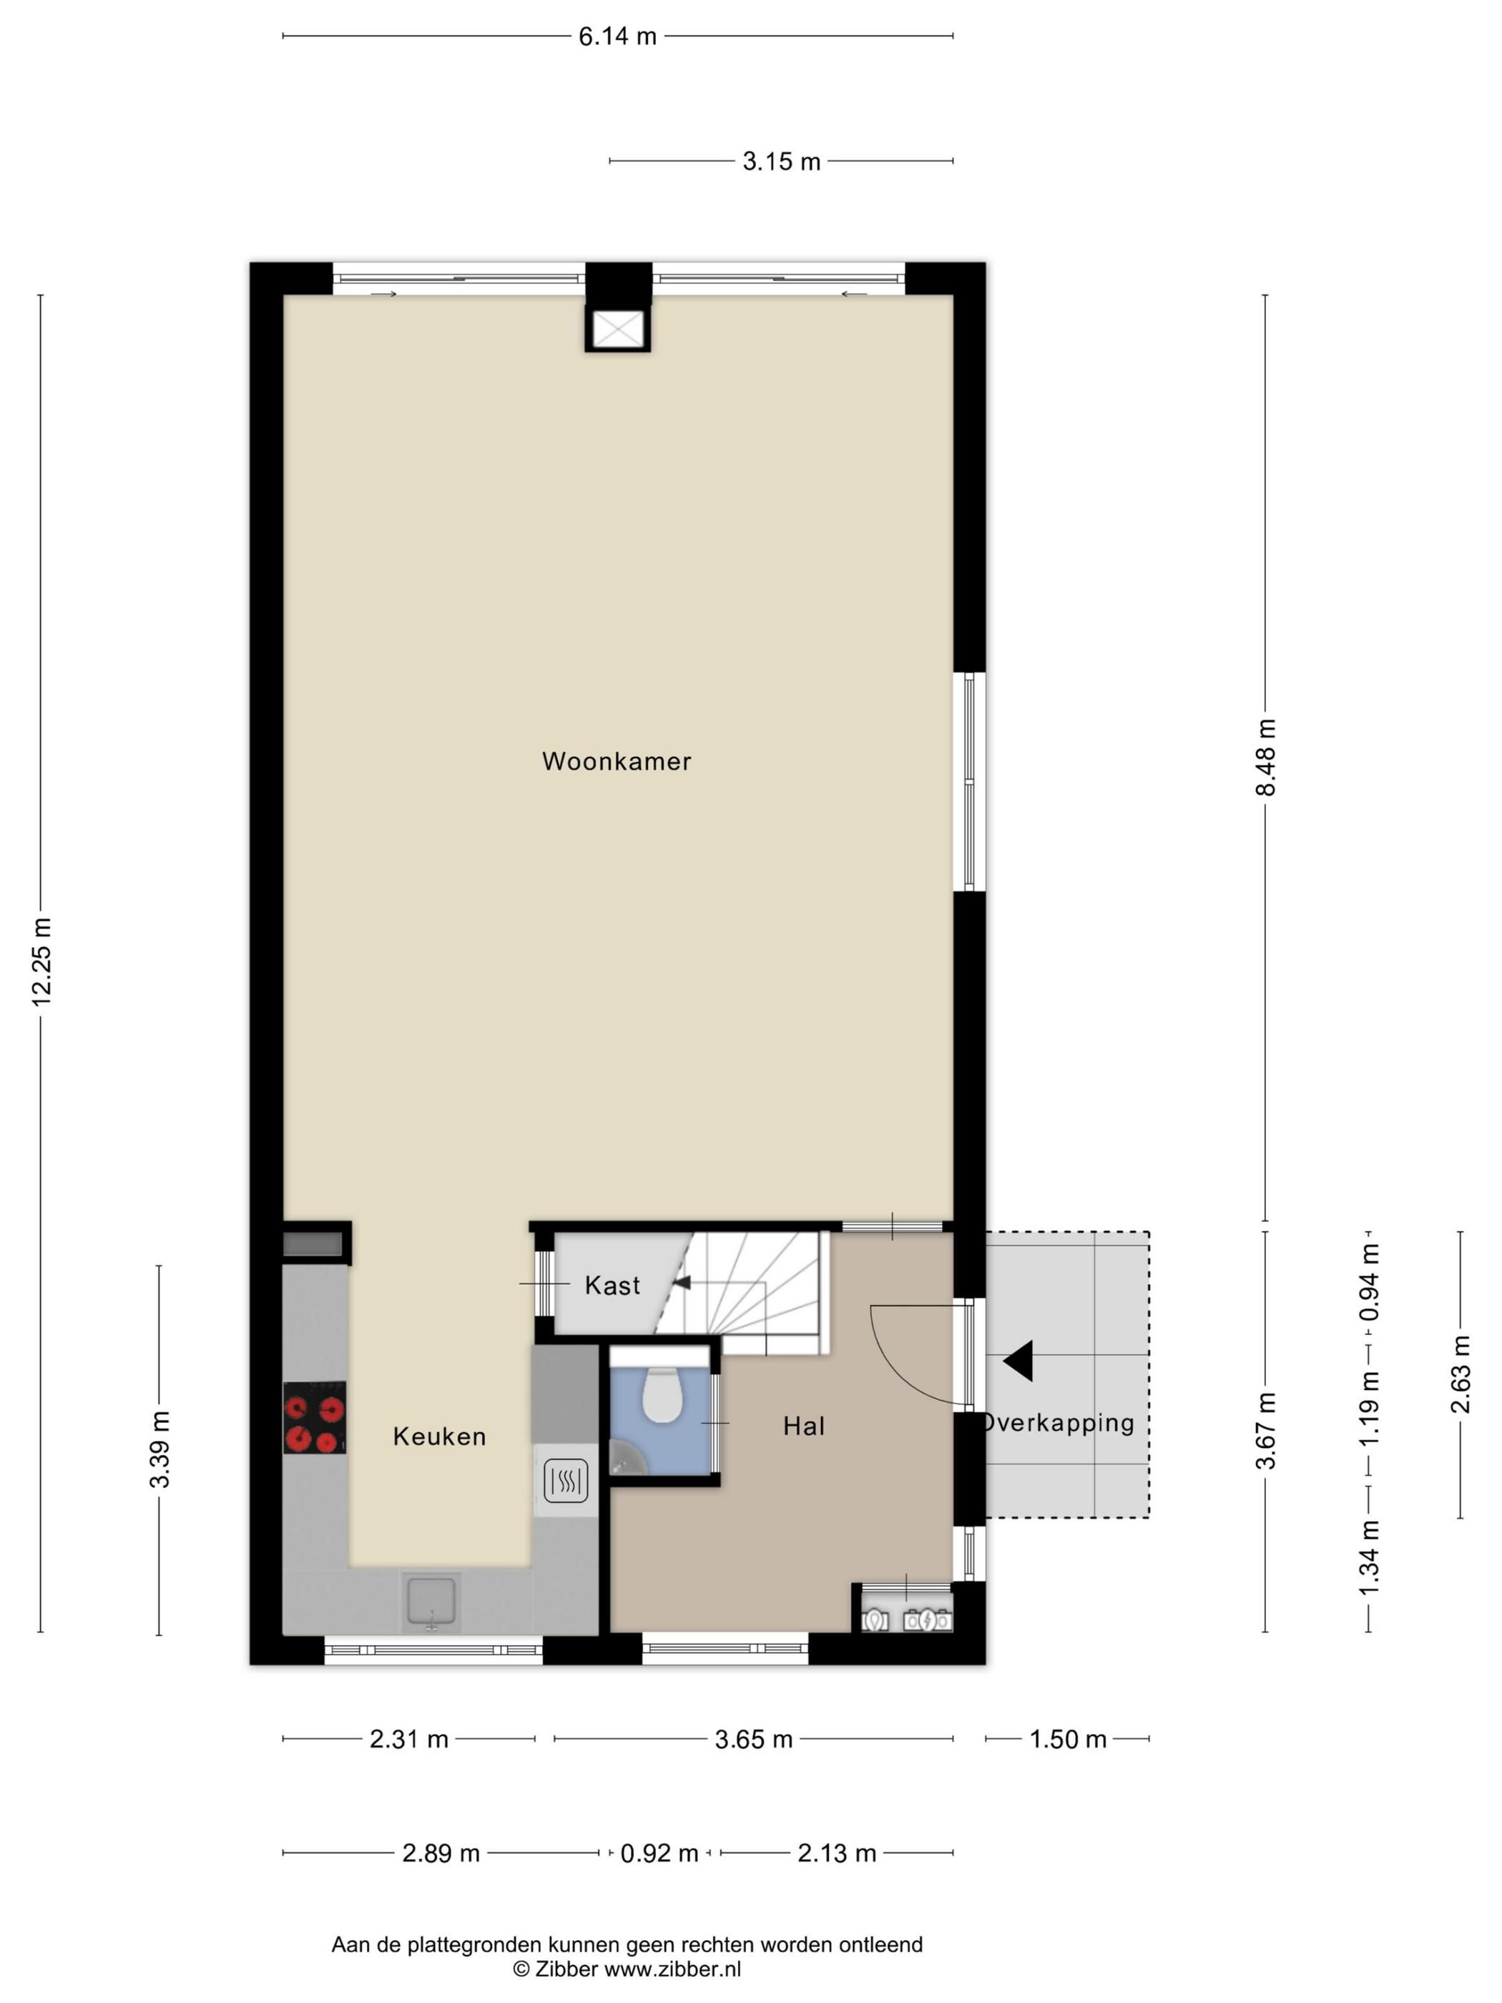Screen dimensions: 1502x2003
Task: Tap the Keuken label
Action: point(439,1436)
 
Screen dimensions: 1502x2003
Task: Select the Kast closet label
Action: point(612,1285)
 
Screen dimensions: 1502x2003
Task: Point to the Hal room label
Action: point(803,1426)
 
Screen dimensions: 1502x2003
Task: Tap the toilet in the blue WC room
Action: point(661,1396)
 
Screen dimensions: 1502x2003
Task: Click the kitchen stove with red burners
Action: point(314,1418)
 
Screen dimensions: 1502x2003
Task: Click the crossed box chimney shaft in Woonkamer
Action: point(617,328)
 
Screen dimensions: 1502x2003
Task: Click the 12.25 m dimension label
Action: point(41,961)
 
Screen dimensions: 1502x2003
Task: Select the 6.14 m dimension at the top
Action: point(617,36)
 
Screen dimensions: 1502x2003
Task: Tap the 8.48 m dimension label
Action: point(1266,757)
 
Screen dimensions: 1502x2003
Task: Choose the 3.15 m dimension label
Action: point(781,161)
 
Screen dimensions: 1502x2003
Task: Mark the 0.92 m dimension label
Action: point(659,1853)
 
